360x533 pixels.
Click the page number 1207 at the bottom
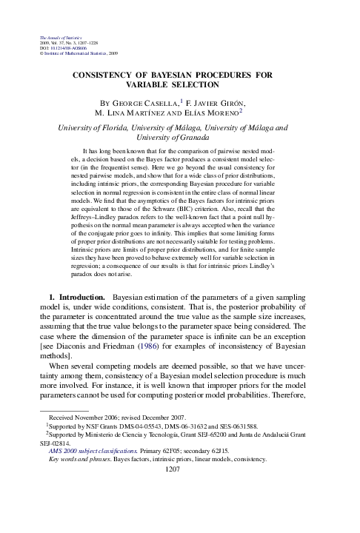[180, 509]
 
